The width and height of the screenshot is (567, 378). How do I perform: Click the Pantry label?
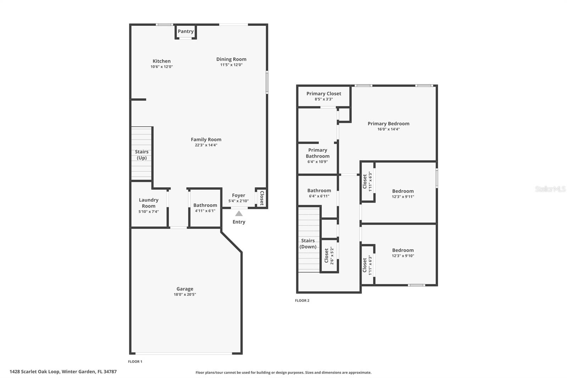click(x=186, y=31)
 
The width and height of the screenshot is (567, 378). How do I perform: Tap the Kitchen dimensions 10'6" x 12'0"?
click(x=162, y=67)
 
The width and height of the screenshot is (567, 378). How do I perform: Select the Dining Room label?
click(x=231, y=59)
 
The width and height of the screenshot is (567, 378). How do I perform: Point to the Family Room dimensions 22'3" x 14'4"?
click(x=206, y=145)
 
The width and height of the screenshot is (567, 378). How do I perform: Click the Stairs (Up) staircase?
click(x=141, y=155)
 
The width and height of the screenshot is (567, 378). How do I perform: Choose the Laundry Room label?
click(x=148, y=203)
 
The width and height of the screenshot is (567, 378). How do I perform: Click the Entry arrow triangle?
click(x=239, y=213)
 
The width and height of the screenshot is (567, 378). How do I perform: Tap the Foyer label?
click(x=238, y=195)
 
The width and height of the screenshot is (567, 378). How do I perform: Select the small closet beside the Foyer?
click(x=262, y=198)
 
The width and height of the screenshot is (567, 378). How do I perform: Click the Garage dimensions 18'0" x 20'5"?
click(x=185, y=294)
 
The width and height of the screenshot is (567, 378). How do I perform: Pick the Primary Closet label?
click(x=324, y=94)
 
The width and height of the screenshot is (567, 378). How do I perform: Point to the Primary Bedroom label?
click(x=388, y=123)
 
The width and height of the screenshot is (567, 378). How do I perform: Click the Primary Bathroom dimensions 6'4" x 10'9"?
click(x=318, y=162)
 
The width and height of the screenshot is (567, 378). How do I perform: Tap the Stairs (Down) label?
click(x=308, y=244)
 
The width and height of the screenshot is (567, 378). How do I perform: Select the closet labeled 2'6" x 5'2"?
click(x=329, y=256)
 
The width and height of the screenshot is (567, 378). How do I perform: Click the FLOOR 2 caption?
click(x=302, y=301)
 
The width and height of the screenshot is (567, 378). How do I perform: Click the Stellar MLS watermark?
click(x=550, y=189)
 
